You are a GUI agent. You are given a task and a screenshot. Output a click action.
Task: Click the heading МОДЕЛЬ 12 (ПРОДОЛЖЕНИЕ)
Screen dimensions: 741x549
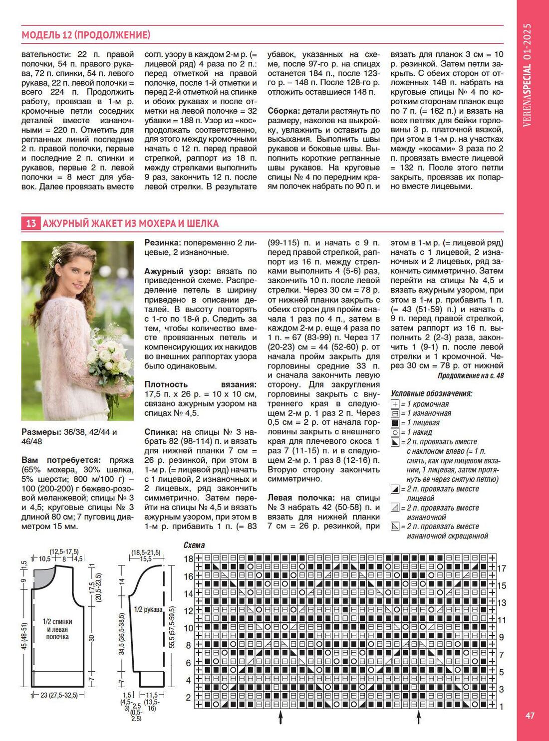click(86, 35)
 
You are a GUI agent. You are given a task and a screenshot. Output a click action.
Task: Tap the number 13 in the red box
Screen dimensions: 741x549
click(31, 223)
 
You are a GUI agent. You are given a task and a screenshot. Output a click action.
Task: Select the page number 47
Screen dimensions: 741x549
click(530, 716)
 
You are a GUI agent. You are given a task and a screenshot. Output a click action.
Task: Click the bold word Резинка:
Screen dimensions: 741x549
click(163, 243)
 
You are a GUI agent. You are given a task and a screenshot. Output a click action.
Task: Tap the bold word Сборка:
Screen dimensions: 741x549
click(283, 111)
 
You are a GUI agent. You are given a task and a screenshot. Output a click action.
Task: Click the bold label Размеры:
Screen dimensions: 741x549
click(40, 432)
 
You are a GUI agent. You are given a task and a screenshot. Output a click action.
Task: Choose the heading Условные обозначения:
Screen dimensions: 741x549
click(431, 393)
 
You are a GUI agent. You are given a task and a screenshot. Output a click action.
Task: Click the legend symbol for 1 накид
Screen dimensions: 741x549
click(395, 432)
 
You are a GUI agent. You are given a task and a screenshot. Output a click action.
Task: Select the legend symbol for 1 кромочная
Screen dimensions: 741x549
click(395, 404)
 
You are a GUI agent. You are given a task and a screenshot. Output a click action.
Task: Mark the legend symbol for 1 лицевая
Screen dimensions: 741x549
click(395, 423)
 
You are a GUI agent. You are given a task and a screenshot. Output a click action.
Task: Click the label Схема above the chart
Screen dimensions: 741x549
click(194, 545)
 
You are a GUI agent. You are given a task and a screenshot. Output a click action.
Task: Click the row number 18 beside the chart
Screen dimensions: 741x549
click(188, 558)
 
